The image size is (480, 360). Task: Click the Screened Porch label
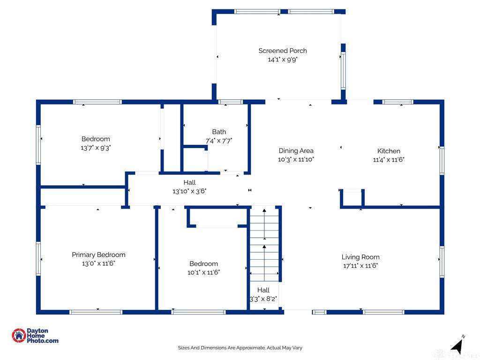coord(283,51)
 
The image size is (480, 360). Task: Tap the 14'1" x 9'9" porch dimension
coord(283,60)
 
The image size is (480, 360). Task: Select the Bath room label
coord(219,132)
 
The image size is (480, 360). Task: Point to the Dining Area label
coord(296,150)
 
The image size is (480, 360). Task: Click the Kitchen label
coord(389,151)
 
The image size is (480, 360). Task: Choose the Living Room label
coord(360,257)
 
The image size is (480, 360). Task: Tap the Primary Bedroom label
coord(98,255)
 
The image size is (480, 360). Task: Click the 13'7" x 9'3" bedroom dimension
coord(96,148)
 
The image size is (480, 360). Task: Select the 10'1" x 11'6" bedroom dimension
coord(203,272)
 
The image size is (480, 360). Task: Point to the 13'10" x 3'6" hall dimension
coord(189,191)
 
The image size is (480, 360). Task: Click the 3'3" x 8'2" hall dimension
coord(263,299)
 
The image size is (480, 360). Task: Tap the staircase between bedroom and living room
coord(264,244)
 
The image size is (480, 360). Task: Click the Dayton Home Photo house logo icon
coord(19,336)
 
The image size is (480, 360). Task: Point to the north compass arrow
coord(457,346)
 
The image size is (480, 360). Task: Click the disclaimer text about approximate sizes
coord(240,348)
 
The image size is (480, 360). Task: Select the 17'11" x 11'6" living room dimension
coord(360,266)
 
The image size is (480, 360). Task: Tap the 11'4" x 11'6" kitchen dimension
coord(389,159)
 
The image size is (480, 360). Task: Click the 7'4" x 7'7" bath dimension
coord(219,141)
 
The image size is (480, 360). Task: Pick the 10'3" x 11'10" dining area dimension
coord(296,159)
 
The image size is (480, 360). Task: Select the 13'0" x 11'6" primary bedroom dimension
coord(98,263)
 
